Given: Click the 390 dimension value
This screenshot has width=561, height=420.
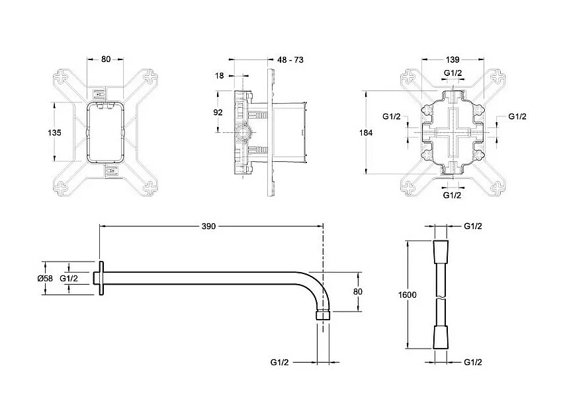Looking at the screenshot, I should [209, 226].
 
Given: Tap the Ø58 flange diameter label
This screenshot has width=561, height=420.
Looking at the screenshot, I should [45, 279].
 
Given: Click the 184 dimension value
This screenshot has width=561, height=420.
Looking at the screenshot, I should [366, 133].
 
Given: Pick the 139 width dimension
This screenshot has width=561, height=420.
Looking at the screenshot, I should [453, 59].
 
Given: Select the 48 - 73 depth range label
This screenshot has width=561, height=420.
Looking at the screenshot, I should [290, 59].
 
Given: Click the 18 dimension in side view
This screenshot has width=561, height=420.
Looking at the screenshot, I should [220, 76].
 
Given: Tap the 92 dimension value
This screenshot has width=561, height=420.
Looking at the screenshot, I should [218, 112].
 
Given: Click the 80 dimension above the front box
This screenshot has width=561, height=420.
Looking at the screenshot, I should [106, 59].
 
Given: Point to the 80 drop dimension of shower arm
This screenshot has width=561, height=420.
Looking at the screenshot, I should [357, 291].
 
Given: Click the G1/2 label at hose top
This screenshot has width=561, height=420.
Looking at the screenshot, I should [472, 226].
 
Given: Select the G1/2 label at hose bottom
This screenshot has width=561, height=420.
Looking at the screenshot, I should [472, 362].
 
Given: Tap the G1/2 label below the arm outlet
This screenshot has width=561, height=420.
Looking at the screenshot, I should [279, 362].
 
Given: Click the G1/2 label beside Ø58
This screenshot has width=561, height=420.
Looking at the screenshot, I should [69, 279].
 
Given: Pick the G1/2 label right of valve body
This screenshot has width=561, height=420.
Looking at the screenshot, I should [517, 116].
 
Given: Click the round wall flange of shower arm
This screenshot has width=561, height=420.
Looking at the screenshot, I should [101, 279].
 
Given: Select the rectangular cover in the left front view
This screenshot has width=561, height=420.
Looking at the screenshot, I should [106, 132].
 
